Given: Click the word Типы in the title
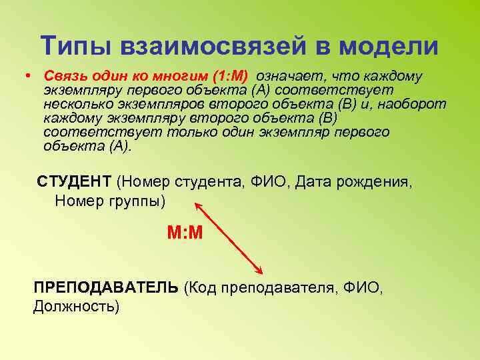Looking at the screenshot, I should pyautogui.click(x=75, y=46).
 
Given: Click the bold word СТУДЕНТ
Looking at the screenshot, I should pyautogui.click(x=73, y=181).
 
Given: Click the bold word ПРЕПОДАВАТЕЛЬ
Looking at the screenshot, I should pyautogui.click(x=106, y=288).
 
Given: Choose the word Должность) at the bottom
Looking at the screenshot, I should pyautogui.click(x=76, y=307).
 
